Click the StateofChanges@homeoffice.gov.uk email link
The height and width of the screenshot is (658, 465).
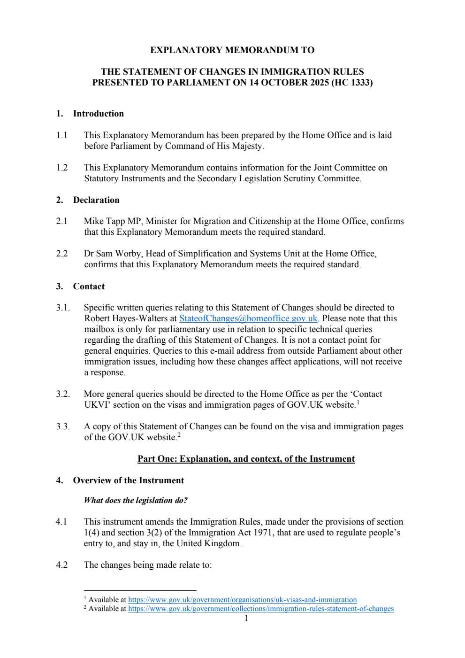[248, 318]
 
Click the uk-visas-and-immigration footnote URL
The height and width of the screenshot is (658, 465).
[242, 600]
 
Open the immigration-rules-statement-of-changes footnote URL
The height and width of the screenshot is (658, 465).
[261, 609]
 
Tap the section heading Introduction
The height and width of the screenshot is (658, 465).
[98, 114]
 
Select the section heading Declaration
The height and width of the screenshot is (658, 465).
[96, 200]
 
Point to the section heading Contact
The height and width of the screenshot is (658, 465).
[89, 286]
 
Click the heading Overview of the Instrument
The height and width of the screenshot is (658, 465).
[128, 480]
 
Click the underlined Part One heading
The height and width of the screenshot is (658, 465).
[246, 459]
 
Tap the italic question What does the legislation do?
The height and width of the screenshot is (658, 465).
[136, 500]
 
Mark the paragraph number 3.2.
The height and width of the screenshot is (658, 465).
[63, 394]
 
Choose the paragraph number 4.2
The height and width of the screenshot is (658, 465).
[62, 565]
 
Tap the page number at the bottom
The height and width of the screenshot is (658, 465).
[246, 618]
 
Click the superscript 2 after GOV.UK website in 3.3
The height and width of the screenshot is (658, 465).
[179, 435]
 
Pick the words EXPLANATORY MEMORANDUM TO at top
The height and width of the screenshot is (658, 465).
[232, 50]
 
